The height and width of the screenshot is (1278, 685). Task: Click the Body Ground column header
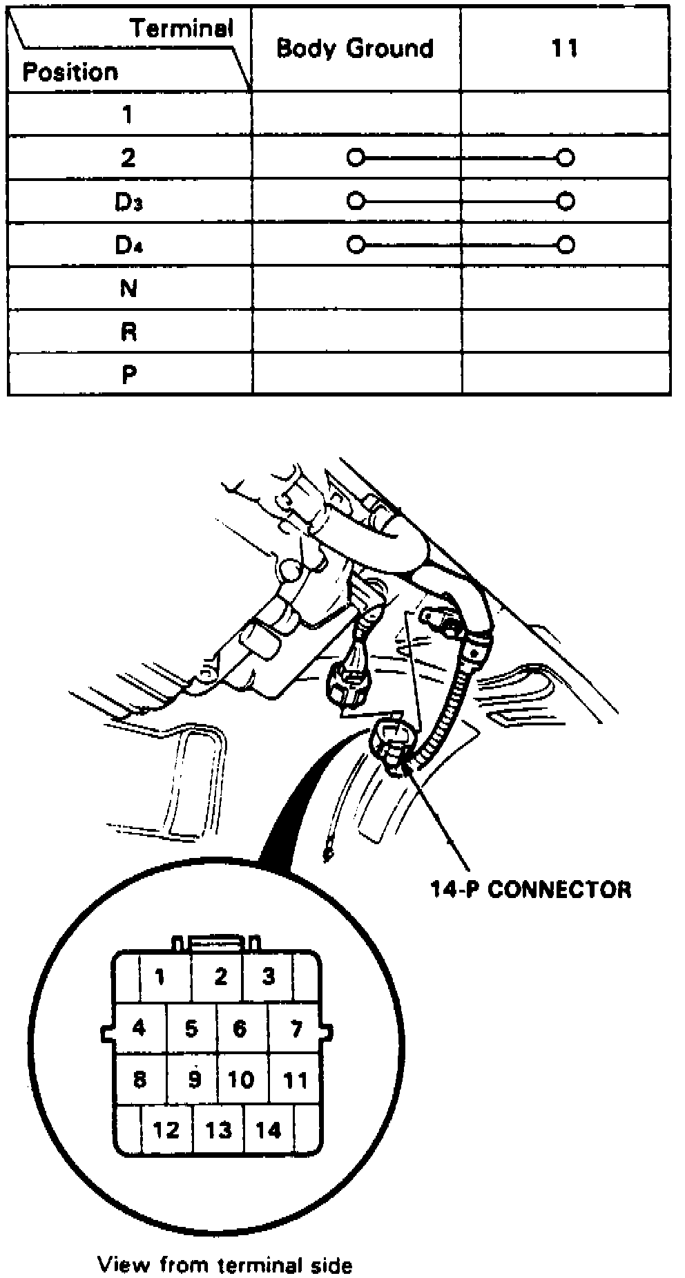coord(355,48)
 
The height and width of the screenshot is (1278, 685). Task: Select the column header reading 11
coord(564,48)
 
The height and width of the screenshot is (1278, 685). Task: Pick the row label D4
coord(128,245)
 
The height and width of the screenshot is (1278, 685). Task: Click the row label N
coord(128,288)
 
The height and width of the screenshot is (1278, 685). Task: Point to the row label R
coord(128,332)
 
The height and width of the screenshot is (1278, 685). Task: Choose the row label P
coord(128,375)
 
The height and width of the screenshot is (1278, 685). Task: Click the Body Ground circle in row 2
coord(355,158)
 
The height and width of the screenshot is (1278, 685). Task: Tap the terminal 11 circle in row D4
coord(566,245)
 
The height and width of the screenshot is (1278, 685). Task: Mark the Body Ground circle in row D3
coord(355,201)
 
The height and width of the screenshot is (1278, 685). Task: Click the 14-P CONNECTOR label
coord(531,889)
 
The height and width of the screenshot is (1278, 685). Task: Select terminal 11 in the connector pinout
coord(296,1080)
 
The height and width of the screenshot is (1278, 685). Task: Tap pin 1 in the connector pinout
coord(160,977)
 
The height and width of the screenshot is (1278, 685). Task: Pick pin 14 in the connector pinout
coord(268,1129)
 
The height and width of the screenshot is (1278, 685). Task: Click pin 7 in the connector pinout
coord(296,1029)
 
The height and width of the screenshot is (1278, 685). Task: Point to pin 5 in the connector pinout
coord(191,1029)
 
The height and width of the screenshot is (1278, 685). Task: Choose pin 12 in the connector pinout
coord(166,1129)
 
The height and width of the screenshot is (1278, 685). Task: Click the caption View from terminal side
coord(225,1246)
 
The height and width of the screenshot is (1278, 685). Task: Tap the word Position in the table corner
coord(70,72)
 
